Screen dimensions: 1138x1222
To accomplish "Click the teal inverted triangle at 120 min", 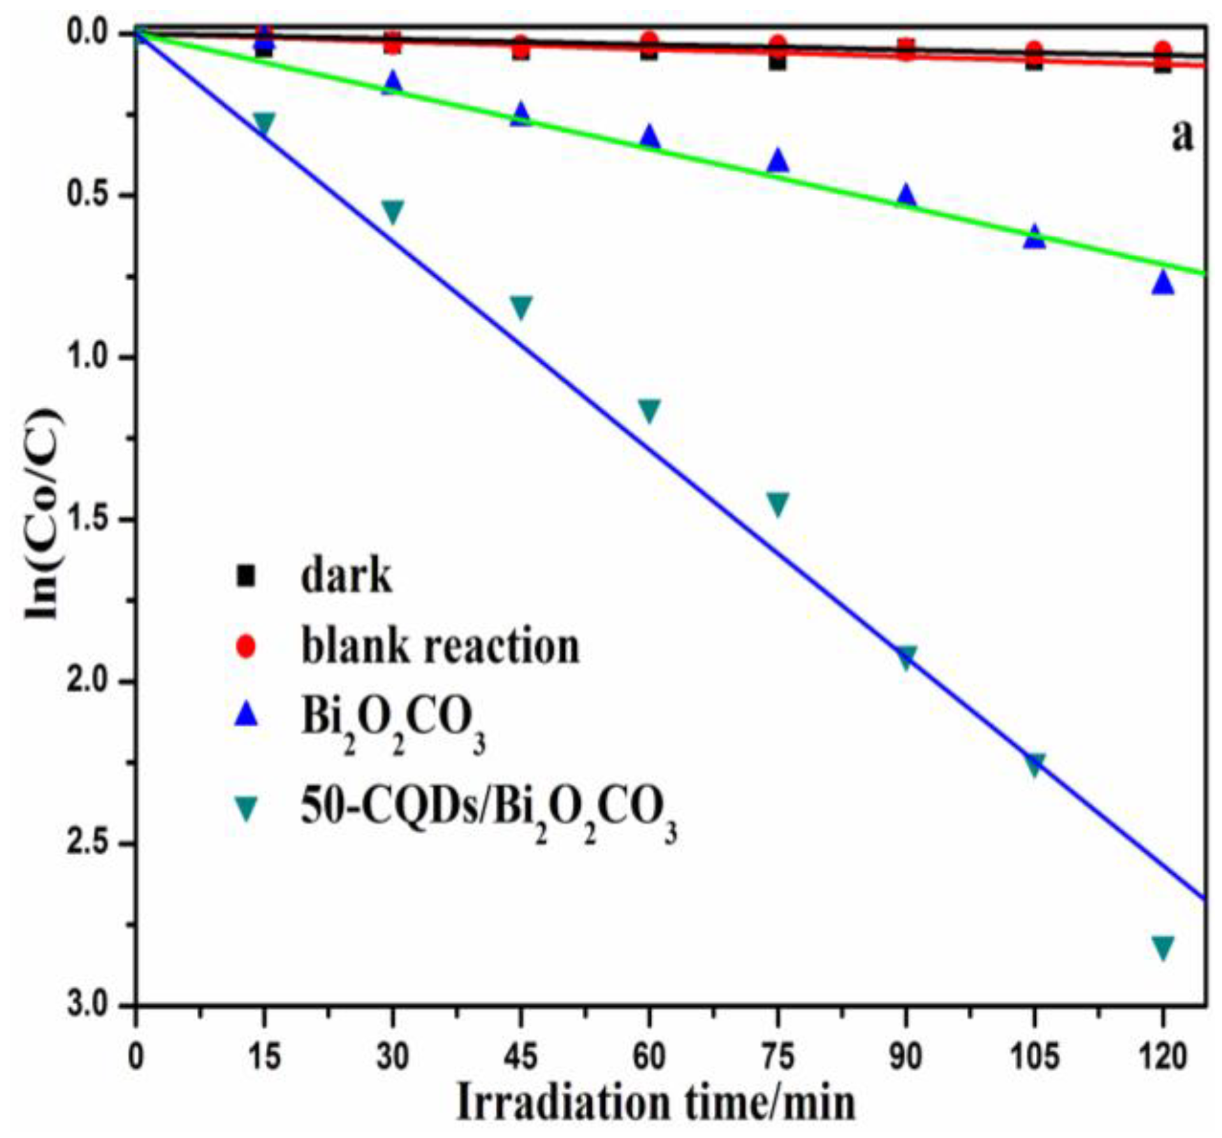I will pos(1162,947).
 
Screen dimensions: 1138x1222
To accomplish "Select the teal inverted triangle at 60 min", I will pos(649,410).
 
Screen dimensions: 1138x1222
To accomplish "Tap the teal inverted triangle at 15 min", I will pos(264,123).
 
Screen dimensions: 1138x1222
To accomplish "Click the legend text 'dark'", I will pos(346,575).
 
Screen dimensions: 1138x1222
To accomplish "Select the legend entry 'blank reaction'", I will pos(440,646).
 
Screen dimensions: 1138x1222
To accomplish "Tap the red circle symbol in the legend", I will pos(245,646).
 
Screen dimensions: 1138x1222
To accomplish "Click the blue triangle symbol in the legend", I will pos(245,716).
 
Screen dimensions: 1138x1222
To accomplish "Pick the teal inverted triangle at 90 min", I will pos(906,656).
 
